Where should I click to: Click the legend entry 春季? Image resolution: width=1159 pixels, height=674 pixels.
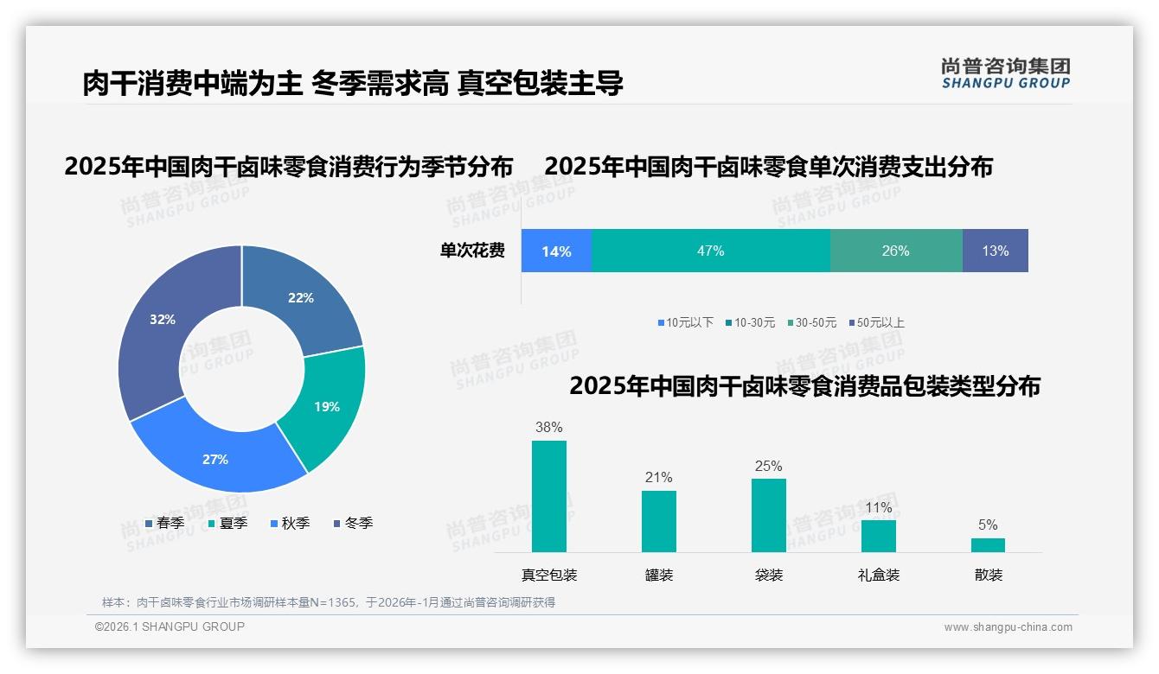(163, 523)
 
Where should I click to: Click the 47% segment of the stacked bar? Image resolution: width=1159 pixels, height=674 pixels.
(710, 251)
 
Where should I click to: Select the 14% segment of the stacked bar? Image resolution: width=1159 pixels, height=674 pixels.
(556, 251)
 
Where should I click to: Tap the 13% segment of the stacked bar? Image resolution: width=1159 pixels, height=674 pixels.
(995, 251)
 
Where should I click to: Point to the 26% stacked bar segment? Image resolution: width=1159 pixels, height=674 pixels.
(895, 251)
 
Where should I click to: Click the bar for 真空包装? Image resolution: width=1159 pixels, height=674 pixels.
(548, 496)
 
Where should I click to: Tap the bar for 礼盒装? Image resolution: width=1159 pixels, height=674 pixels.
(878, 536)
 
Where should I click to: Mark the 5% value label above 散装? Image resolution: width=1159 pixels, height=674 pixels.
(988, 525)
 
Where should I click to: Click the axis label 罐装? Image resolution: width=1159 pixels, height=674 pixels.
(658, 575)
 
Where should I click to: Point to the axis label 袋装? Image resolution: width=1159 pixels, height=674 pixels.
(768, 575)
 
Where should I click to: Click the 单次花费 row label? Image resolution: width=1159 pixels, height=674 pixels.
(472, 251)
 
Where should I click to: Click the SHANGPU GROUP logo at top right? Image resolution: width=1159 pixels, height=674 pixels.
(1005, 73)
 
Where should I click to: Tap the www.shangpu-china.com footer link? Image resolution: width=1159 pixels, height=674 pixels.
(1008, 626)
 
